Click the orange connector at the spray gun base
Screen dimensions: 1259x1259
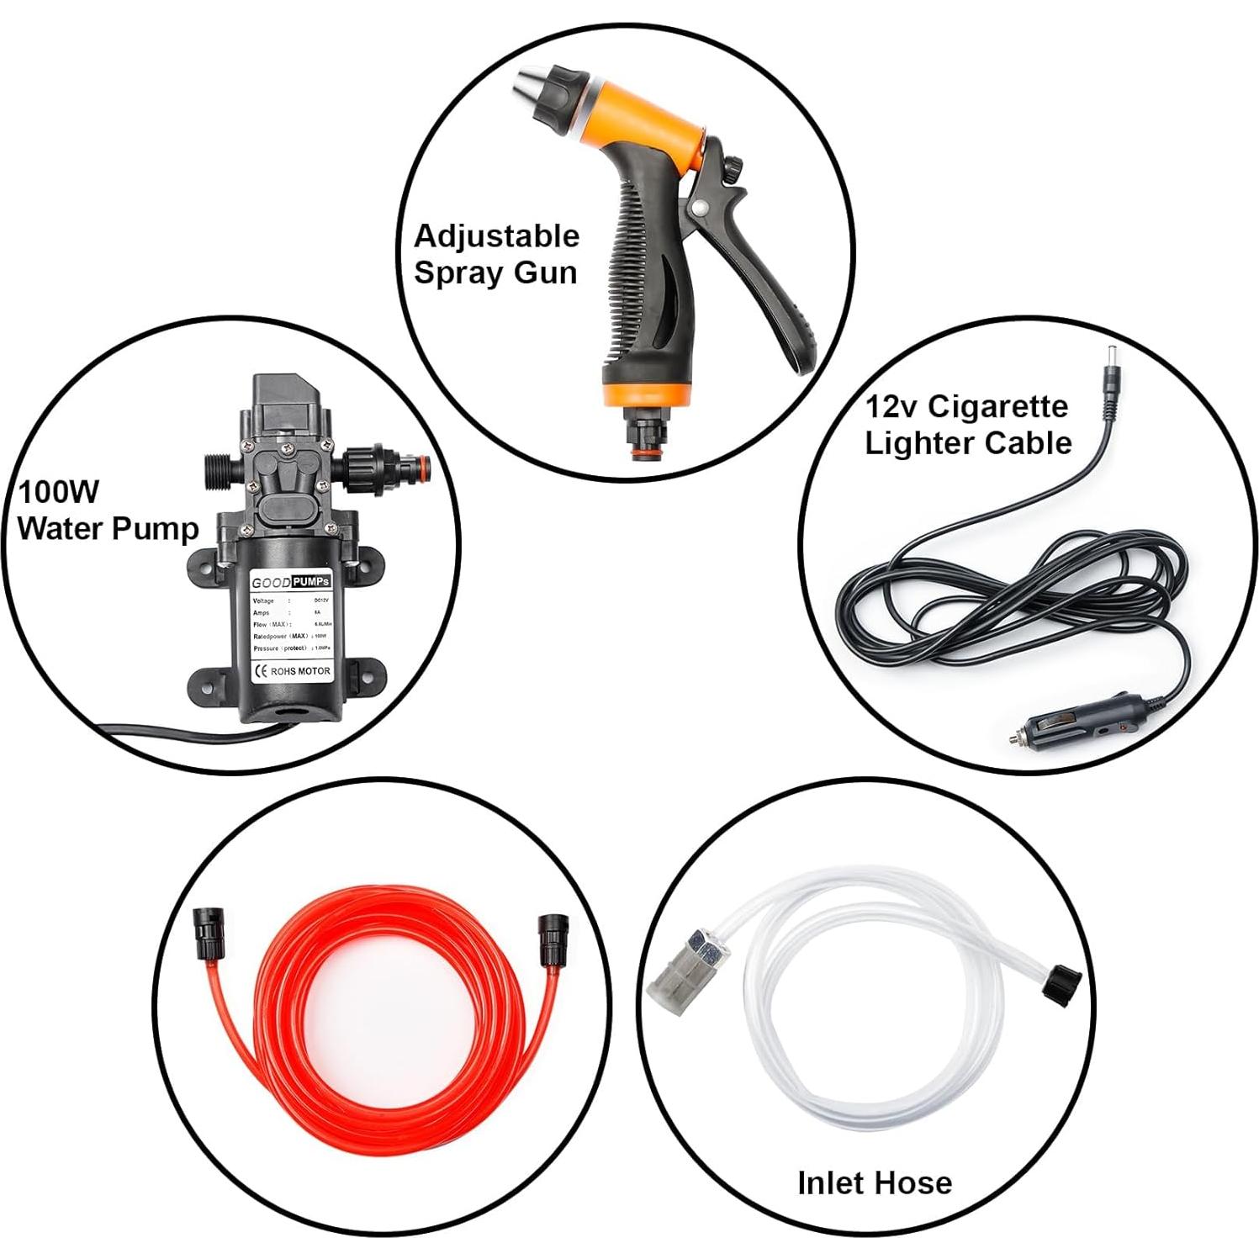(x=648, y=451)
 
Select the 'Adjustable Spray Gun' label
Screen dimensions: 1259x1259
(x=496, y=254)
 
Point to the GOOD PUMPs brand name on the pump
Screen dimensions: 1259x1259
(x=291, y=582)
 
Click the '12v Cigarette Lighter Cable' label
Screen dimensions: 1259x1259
(x=968, y=425)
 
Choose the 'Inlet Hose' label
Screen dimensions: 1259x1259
(x=874, y=1182)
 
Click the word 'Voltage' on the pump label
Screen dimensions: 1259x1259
(x=263, y=601)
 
